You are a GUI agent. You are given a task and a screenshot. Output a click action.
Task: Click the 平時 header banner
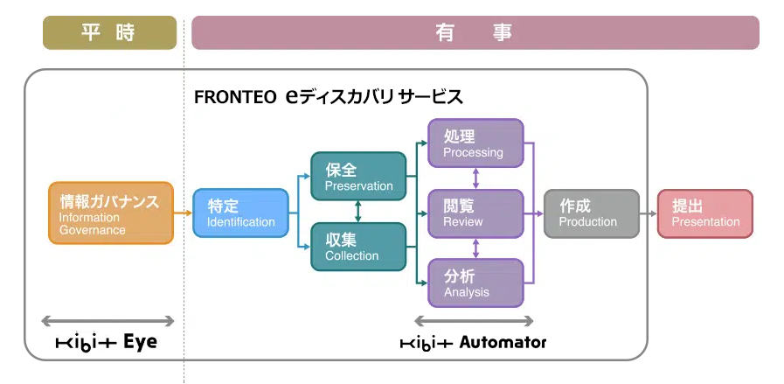pyautogui.click(x=109, y=32)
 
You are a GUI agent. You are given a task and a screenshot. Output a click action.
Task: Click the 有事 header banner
pyautogui.click(x=475, y=32)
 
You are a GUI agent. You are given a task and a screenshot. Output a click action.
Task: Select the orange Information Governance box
pyautogui.click(x=111, y=213)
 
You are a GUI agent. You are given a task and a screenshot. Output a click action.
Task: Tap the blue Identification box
pyautogui.click(x=240, y=213)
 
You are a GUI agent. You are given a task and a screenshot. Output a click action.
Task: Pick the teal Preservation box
pyautogui.click(x=358, y=176)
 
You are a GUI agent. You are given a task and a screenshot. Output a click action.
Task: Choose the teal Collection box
pyautogui.click(x=358, y=247)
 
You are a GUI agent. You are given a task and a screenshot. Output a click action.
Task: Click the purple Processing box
pyautogui.click(x=475, y=143)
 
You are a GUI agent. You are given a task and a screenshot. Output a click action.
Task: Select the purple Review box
pyautogui.click(x=475, y=213)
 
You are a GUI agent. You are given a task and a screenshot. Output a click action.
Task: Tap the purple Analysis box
pyautogui.click(x=475, y=283)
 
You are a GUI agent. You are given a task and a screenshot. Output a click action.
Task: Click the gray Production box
pyautogui.click(x=592, y=213)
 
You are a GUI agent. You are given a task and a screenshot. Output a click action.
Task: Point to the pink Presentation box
pyautogui.click(x=705, y=213)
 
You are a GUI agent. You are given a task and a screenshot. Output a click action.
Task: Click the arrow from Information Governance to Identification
pyautogui.click(x=183, y=213)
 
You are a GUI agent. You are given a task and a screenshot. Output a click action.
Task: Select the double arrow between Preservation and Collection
pyautogui.click(x=358, y=212)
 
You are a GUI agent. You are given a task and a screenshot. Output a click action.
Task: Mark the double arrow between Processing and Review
pyautogui.click(x=475, y=178)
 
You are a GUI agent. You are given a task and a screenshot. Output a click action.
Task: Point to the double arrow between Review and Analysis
pyautogui.click(x=475, y=248)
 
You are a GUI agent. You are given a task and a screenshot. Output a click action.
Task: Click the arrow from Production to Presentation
pyautogui.click(x=649, y=213)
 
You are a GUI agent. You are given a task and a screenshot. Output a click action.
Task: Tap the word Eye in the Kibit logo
pyautogui.click(x=140, y=342)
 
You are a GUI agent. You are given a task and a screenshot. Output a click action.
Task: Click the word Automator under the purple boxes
pyautogui.click(x=503, y=342)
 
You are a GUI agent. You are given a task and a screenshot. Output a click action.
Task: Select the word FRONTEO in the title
pyautogui.click(x=235, y=97)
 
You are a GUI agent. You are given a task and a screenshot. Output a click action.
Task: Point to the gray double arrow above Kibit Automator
pyautogui.click(x=474, y=321)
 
